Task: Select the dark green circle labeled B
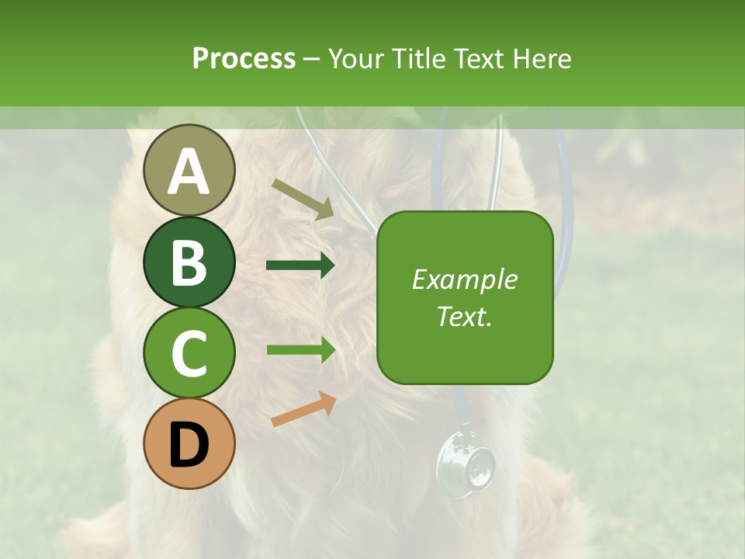189,262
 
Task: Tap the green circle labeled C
189,352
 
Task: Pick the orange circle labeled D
189,443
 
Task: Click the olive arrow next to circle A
303,199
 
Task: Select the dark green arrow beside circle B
300,266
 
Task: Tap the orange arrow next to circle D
303,409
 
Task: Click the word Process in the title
244,58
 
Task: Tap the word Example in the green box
464,279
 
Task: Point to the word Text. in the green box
464,316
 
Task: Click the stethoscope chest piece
465,464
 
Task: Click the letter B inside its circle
189,262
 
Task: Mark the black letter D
189,445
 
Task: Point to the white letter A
189,172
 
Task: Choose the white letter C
189,354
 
